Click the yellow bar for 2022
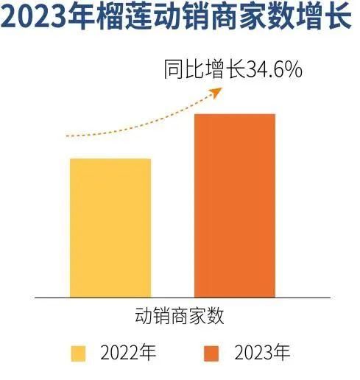tap(110, 228)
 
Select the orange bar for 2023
tap(235, 205)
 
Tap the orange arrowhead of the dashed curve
tap(216, 93)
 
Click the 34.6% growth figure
tap(274, 70)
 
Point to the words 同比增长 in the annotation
tap(205, 70)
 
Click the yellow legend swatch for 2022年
tap(78, 353)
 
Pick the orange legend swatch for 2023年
tap(211, 353)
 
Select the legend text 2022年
tap(128, 353)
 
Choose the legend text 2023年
tap(262, 353)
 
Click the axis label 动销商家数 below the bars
tap(180, 316)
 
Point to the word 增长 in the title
tap(324, 17)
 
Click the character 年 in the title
tap(81, 17)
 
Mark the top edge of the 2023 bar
tap(235, 114)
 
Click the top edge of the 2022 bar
tap(110, 159)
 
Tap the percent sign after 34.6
tap(294, 70)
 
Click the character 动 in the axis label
tap(144, 316)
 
